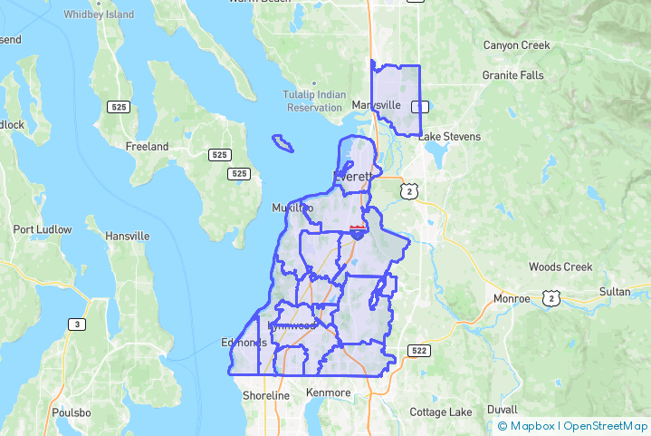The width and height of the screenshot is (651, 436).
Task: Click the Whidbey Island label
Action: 100,15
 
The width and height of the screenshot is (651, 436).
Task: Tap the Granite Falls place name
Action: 512,75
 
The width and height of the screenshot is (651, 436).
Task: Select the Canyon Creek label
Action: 516,44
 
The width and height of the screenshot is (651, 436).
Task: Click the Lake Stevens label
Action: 449,137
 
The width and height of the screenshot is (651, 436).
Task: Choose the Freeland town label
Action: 147,146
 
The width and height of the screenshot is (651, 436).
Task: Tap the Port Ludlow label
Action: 43,229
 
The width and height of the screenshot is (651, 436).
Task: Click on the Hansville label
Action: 127,237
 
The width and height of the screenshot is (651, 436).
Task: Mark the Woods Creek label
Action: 560,267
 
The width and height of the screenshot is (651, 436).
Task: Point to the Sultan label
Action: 615,292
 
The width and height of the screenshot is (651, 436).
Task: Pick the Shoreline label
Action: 266,396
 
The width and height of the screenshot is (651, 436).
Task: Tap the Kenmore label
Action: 329,392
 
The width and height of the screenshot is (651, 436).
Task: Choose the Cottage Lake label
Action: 441,412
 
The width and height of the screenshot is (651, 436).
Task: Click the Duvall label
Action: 503,409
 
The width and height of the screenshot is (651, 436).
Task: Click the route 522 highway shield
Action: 418,351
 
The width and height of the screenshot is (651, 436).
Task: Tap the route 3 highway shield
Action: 78,325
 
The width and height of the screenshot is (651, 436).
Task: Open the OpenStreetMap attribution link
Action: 606,426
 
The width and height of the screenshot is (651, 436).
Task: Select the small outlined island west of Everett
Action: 283,143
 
